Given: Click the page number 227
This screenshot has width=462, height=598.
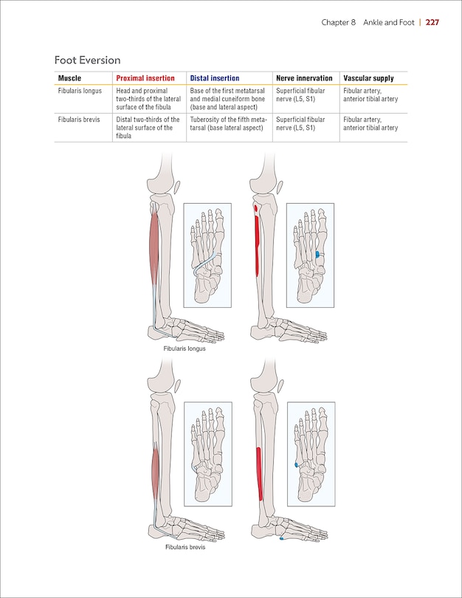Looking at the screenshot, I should (432, 22).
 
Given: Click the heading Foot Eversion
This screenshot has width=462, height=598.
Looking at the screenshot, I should (87, 60).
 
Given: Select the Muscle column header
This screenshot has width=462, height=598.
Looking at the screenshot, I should (69, 78).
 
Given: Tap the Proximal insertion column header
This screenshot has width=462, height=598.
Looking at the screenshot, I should (145, 78).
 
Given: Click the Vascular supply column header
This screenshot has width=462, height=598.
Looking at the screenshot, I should (368, 78).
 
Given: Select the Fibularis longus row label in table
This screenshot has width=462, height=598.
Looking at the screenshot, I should (80, 91).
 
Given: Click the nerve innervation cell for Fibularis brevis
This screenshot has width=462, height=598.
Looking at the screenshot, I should (300, 123).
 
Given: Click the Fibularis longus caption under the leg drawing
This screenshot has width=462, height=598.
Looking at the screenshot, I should (185, 348).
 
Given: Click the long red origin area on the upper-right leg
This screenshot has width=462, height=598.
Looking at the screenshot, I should (256, 244).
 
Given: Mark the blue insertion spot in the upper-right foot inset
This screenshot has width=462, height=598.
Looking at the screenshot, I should (318, 254).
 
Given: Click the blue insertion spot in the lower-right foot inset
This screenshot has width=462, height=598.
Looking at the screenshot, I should (296, 465).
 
